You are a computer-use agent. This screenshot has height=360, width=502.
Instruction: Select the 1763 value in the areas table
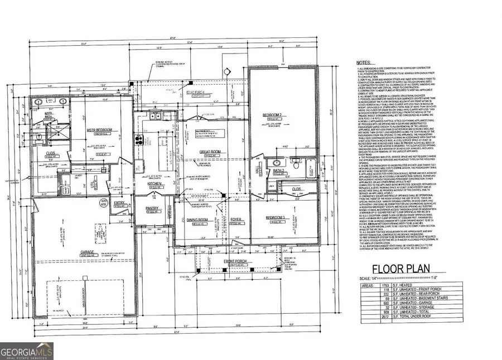click(380, 284)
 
